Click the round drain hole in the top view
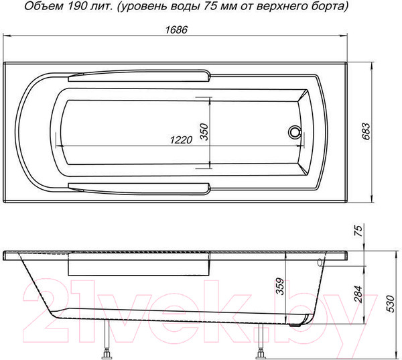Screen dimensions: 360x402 (x=293, y=131)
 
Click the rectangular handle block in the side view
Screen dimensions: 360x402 (x=139, y=266)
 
